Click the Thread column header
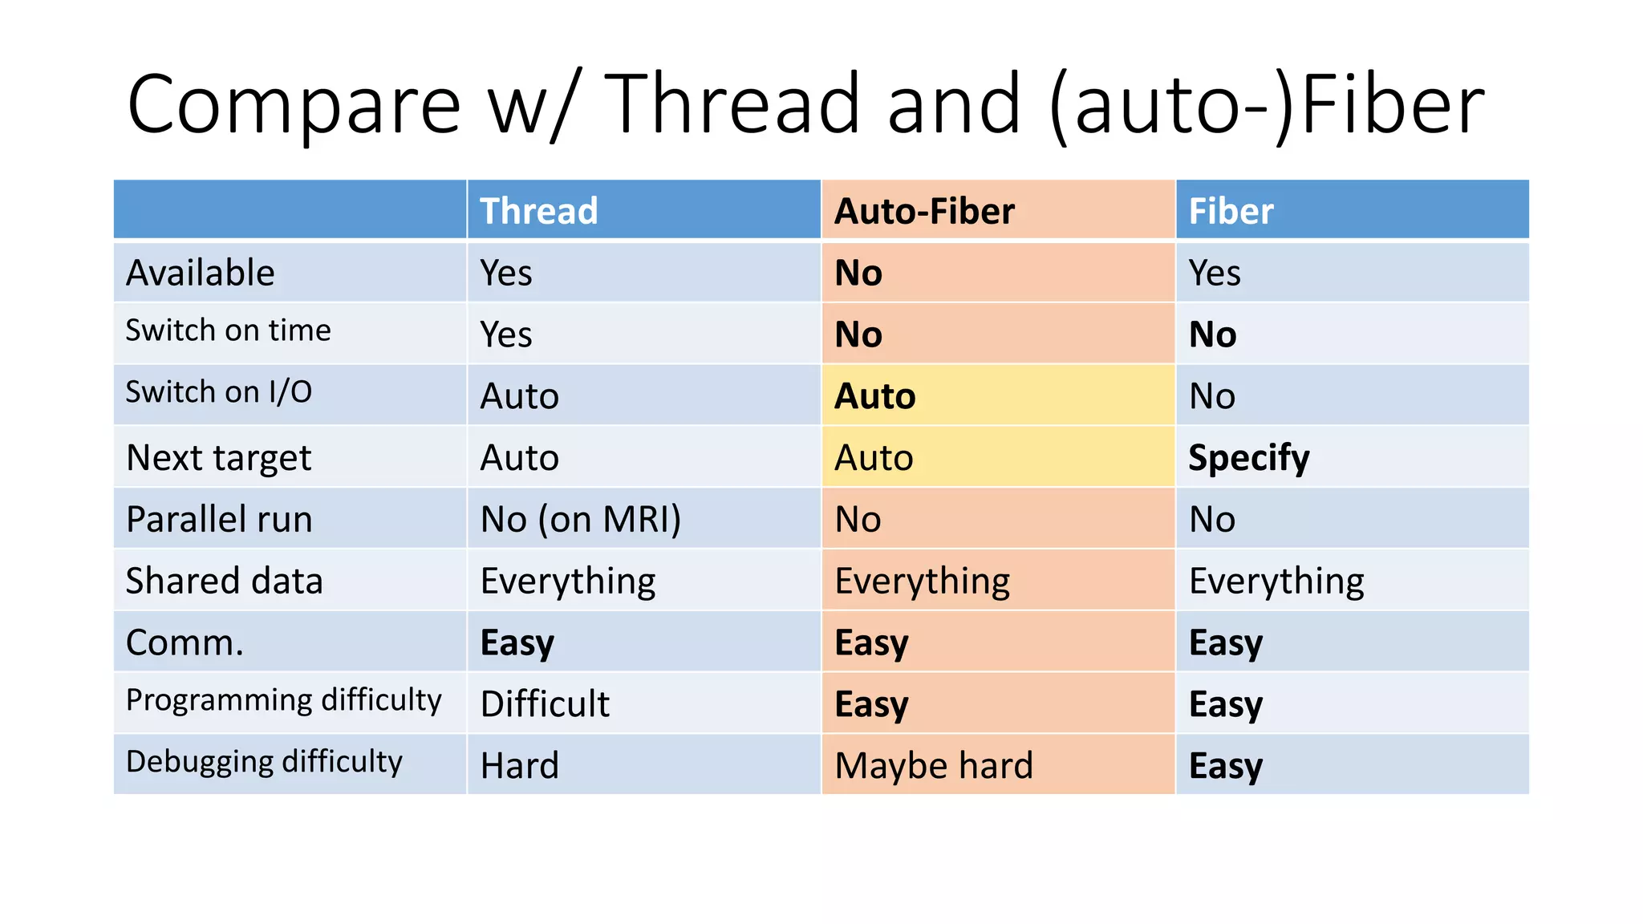pos(538,211)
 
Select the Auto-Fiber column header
pos(924,211)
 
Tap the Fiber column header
pos(1231,211)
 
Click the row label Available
pos(201,273)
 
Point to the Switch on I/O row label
pos(219,392)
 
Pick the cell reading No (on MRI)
pos(581,519)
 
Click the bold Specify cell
pos(1248,458)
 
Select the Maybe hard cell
pos(934,765)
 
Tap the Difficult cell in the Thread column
pos(545,704)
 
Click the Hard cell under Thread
pos(519,765)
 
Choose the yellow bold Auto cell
pos(874,396)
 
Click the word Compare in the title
pos(294,104)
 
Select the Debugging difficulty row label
pos(264,762)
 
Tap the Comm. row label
pos(185,642)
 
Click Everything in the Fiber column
pos(1276,581)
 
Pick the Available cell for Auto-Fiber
pos(858,273)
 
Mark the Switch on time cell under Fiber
pos(1212,334)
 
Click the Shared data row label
pos(224,581)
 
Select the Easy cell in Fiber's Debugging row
pos(1225,765)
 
